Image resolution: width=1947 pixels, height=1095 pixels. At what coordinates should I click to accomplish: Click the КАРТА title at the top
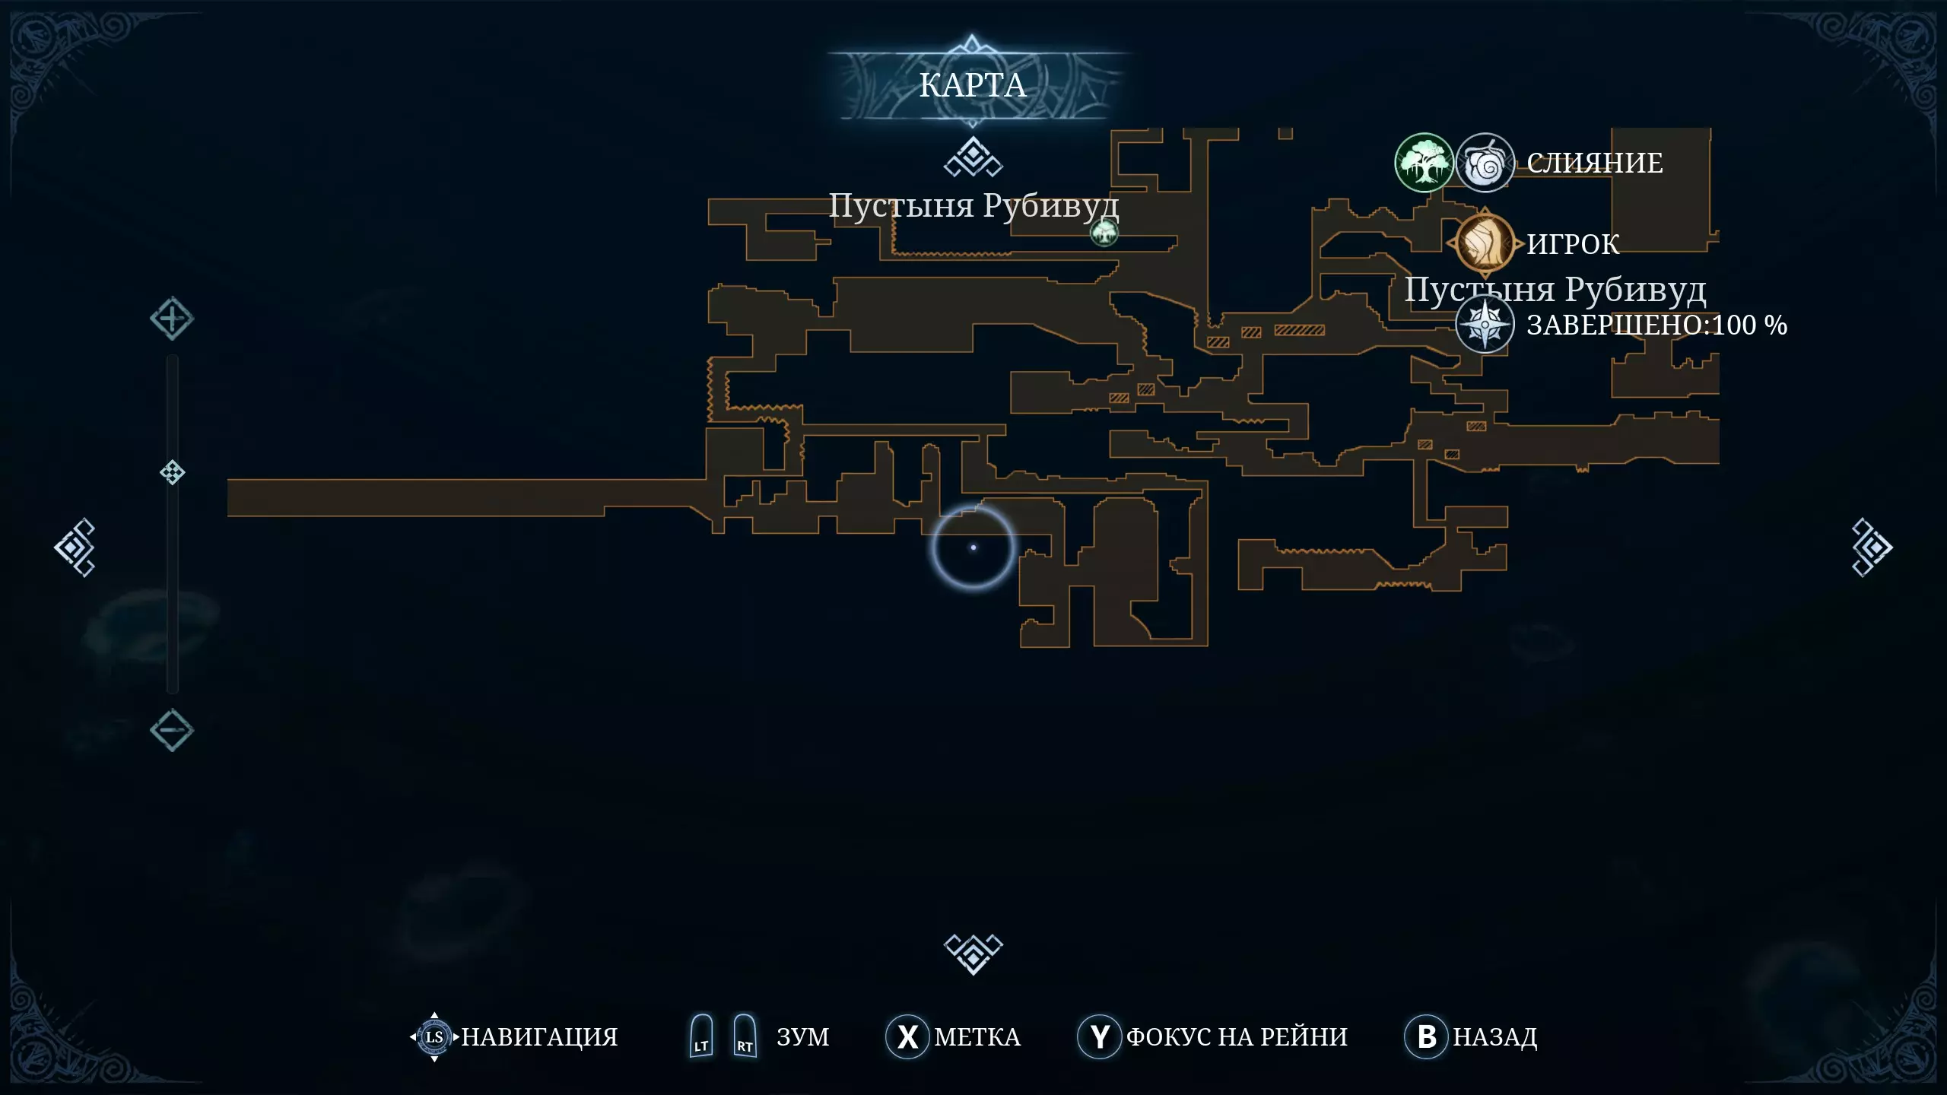973,85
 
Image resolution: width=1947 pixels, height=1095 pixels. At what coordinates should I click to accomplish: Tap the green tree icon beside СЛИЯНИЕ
1424,162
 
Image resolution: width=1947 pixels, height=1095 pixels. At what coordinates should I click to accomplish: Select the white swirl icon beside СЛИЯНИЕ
1485,162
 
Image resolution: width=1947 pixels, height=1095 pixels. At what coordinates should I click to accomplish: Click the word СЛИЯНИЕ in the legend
1595,163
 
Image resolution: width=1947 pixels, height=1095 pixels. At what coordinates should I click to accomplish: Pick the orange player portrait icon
1484,243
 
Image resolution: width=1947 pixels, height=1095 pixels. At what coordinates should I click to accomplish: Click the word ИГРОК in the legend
1573,244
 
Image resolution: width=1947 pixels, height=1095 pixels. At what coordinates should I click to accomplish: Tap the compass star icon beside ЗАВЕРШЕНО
1485,325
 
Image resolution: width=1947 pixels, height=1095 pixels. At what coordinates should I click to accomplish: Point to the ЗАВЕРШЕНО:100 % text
1656,325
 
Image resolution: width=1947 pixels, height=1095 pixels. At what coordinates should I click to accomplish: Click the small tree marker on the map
1104,231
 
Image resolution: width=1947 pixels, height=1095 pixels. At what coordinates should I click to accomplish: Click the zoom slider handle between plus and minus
172,472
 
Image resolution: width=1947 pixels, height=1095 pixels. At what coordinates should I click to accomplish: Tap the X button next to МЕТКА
907,1036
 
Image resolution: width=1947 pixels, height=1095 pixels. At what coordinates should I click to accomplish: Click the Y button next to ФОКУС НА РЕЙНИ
1099,1036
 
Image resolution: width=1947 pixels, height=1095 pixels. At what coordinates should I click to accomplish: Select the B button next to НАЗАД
1426,1036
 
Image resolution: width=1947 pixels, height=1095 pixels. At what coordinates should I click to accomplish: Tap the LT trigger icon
701,1036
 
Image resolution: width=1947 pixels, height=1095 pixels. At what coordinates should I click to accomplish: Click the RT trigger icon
745,1036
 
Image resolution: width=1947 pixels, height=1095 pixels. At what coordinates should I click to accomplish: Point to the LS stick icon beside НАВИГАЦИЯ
434,1036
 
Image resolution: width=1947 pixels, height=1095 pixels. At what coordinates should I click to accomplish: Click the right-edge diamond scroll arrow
1871,547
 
